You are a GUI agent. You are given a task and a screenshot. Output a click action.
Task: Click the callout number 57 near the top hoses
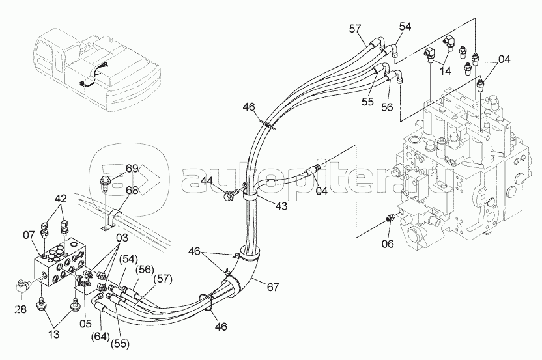(x=354, y=28)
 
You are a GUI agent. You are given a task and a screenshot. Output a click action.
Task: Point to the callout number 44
(x=208, y=181)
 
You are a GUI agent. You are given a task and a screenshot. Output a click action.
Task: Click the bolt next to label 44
(x=229, y=193)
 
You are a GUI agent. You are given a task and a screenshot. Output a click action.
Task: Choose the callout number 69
(x=132, y=169)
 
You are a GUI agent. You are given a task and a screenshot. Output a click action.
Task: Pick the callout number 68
(x=132, y=190)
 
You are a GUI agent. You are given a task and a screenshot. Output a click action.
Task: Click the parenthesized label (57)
(x=164, y=279)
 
